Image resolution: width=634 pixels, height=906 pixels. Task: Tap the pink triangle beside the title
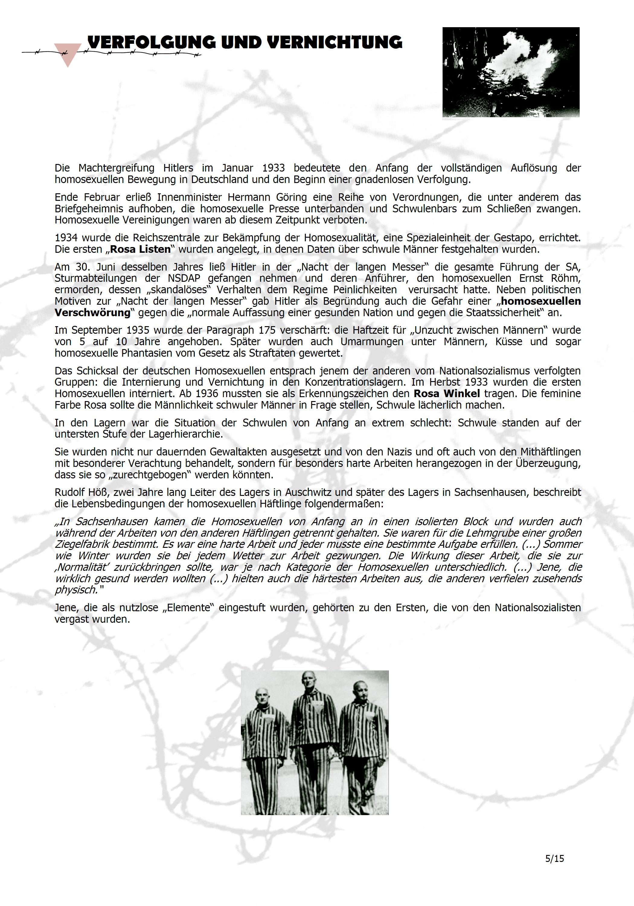(67, 54)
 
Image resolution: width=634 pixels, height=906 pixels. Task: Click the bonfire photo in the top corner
(511, 72)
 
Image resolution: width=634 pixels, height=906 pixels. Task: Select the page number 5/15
(554, 858)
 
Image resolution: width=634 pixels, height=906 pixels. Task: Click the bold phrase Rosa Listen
(140, 249)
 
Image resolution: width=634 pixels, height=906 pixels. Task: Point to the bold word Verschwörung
(92, 313)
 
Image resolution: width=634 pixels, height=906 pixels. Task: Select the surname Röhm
(567, 278)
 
